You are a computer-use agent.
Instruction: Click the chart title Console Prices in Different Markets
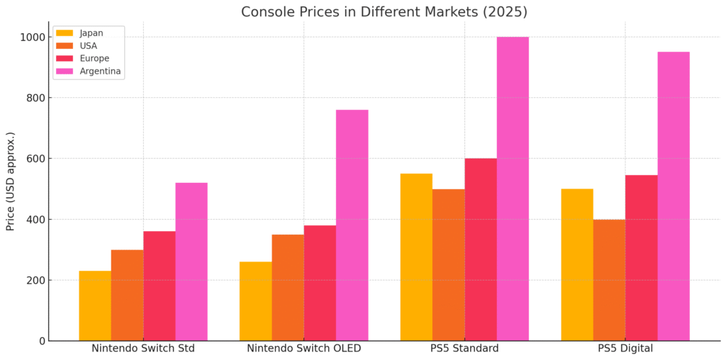[x=384, y=12]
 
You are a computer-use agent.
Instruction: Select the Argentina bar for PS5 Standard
[x=513, y=189]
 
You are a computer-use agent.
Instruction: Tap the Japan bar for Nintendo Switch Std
[x=95, y=305]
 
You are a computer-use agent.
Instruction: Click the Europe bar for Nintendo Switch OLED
[x=320, y=283]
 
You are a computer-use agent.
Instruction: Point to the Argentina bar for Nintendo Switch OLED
[x=352, y=225]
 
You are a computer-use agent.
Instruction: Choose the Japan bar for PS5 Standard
[x=416, y=257]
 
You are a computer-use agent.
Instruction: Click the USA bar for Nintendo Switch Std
[x=127, y=295]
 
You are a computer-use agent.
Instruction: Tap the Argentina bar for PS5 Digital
[x=674, y=196]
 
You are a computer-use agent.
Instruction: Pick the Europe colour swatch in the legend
[x=65, y=58]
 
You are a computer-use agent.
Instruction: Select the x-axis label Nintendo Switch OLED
[x=303, y=349]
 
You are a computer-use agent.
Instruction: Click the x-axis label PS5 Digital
[x=625, y=349]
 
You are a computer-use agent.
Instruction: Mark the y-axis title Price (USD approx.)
[x=11, y=181]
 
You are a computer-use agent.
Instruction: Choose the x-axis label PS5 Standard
[x=464, y=349]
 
